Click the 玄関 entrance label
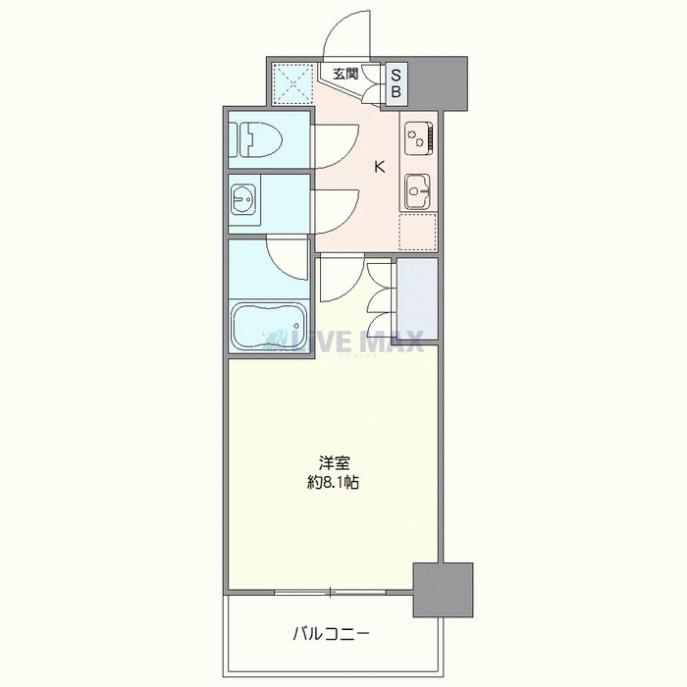point(344,74)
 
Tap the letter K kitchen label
point(380,166)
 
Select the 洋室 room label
point(335,462)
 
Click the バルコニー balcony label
point(331,634)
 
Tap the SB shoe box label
point(397,82)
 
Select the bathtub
point(268,325)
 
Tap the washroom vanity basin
point(243,200)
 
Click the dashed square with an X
point(291,82)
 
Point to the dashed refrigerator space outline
point(418,231)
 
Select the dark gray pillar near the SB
point(441,82)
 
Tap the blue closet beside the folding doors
point(416,296)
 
